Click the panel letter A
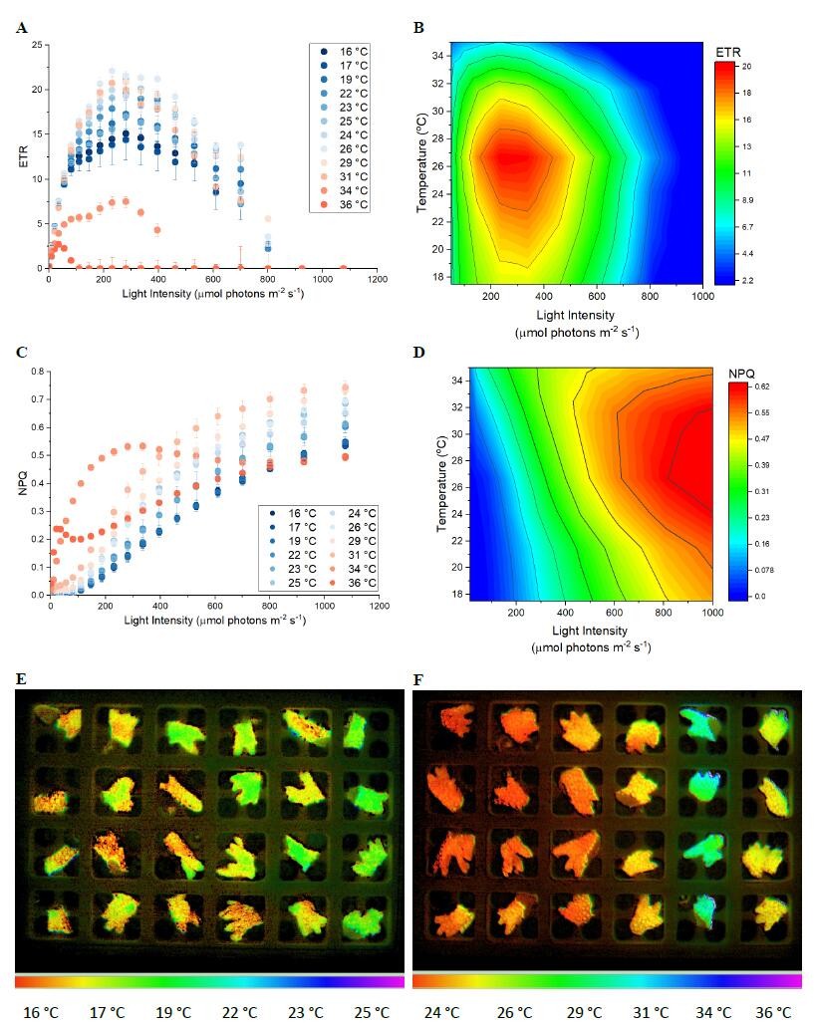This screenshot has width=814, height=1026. [21, 28]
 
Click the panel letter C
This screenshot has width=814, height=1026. [21, 352]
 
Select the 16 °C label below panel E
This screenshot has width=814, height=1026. [41, 1012]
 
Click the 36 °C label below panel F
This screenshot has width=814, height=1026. [771, 1012]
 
